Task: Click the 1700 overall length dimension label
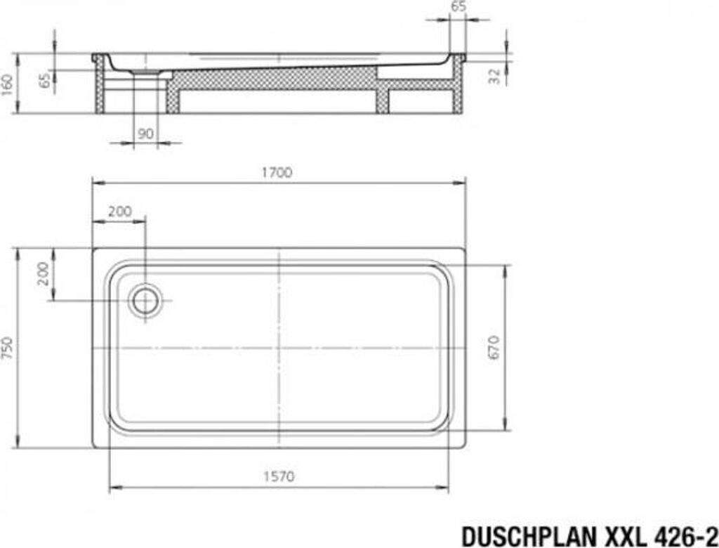click(x=277, y=173)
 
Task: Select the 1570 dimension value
click(x=279, y=476)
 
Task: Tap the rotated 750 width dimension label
click(x=7, y=348)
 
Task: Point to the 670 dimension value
click(x=494, y=348)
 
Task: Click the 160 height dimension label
click(x=7, y=84)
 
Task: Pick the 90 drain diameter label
click(x=145, y=134)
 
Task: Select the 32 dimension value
click(x=494, y=76)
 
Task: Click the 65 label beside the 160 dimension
click(x=44, y=80)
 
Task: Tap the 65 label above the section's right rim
click(x=458, y=6)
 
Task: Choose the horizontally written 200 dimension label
click(x=119, y=211)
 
